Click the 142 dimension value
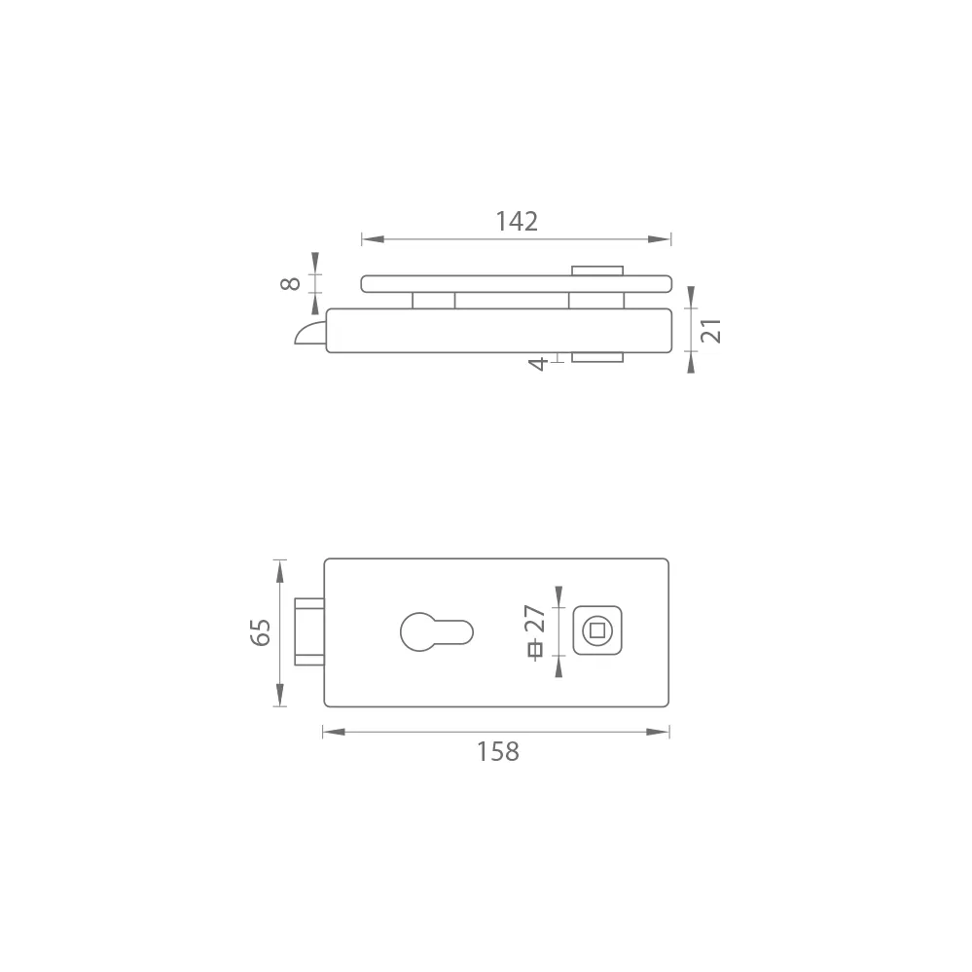tap(517, 221)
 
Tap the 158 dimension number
tap(498, 751)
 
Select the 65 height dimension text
tap(261, 632)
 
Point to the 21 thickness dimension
tap(711, 331)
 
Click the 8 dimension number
tap(290, 284)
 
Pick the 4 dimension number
tap(537, 363)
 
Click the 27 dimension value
tap(535, 619)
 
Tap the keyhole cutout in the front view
tap(437, 631)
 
